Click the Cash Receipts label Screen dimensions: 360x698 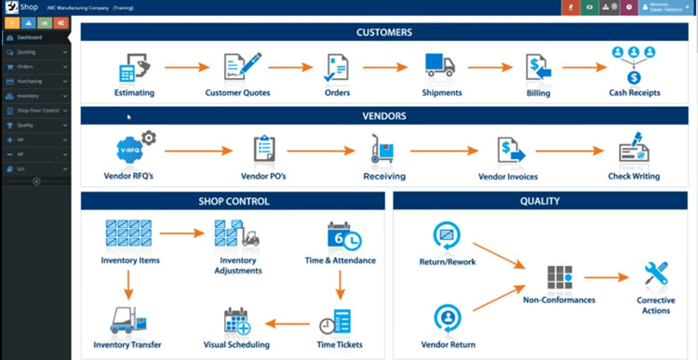pyautogui.click(x=635, y=93)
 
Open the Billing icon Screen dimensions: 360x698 pyautogui.click(x=538, y=68)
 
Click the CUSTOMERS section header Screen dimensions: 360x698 pyautogui.click(x=384, y=33)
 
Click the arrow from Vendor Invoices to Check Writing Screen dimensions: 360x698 pyautogui.click(x=568, y=151)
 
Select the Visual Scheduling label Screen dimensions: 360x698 pyautogui.click(x=235, y=345)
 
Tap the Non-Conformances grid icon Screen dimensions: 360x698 pyautogui.click(x=559, y=277)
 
